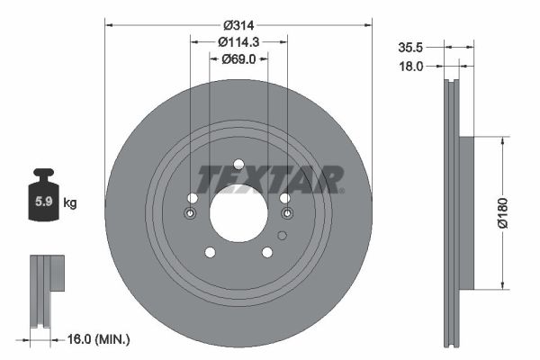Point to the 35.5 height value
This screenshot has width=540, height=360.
[x=412, y=47]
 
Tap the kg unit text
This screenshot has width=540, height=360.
[x=70, y=203]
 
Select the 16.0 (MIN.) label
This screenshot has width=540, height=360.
[x=100, y=339]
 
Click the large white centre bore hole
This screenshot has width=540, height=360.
[x=238, y=213]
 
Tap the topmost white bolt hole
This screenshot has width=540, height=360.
[x=238, y=165]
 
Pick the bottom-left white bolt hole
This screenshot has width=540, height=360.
[x=210, y=252]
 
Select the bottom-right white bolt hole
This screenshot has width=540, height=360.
[x=267, y=252]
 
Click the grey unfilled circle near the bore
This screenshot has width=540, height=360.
[x=282, y=236]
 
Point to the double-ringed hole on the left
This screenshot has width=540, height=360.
[x=190, y=213]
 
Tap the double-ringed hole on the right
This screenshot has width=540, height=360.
[x=287, y=213]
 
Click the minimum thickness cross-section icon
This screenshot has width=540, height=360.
[x=45, y=290]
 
